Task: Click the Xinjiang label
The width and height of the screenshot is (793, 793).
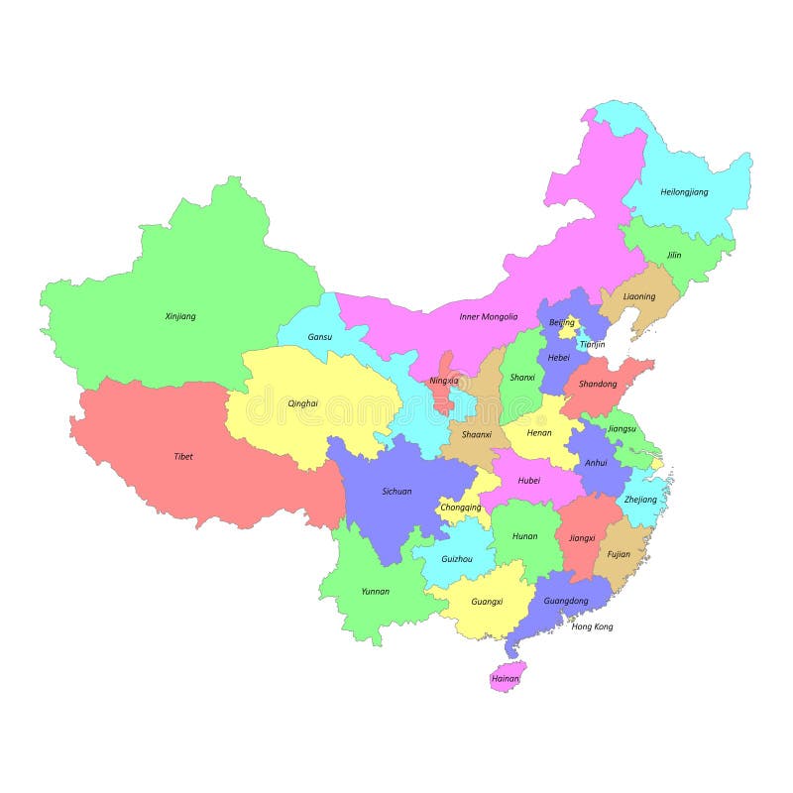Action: (x=180, y=316)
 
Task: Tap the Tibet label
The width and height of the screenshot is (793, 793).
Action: (x=183, y=457)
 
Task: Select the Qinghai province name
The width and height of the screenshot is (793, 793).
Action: (x=303, y=403)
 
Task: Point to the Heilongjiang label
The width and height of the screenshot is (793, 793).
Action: (x=684, y=191)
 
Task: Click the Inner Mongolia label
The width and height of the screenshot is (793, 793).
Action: (x=488, y=317)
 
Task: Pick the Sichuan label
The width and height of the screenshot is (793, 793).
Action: (x=396, y=491)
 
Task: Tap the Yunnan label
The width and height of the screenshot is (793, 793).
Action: (x=375, y=591)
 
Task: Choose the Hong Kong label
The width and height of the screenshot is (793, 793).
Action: (x=593, y=626)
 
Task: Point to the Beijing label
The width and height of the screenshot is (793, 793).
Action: (x=562, y=322)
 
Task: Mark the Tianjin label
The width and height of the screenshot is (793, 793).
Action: (x=592, y=344)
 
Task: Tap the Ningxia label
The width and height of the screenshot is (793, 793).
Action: (x=443, y=381)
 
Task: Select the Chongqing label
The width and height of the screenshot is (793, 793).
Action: (x=460, y=508)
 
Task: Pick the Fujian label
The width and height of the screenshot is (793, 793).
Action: (x=619, y=554)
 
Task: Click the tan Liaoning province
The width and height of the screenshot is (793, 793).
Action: (x=639, y=296)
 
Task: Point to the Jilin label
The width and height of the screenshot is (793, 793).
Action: (x=674, y=255)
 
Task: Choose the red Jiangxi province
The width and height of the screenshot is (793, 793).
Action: (x=583, y=538)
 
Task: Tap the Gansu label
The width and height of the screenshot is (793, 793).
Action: (x=320, y=337)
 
